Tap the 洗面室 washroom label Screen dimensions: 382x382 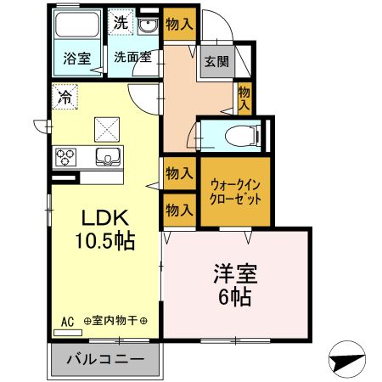point(132,59)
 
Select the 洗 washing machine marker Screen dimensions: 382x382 point(121,23)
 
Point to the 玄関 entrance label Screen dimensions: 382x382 point(216,61)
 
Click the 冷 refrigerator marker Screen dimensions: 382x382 point(65,97)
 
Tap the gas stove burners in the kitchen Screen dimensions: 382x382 point(66,156)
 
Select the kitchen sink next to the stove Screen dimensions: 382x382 point(109,156)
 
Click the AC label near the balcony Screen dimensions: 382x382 point(68,321)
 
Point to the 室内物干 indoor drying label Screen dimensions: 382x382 point(115,321)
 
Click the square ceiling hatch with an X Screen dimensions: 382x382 point(108,130)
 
